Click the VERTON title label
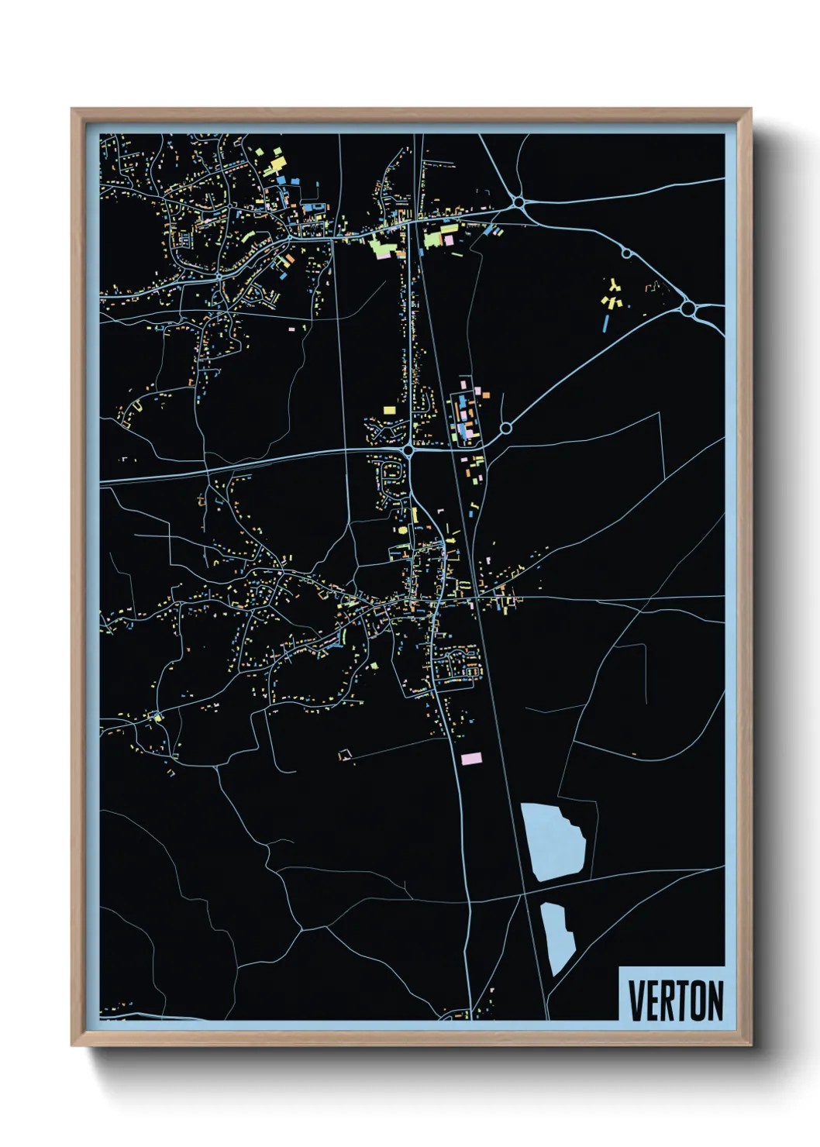(x=675, y=1001)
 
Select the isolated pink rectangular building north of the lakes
(x=471, y=758)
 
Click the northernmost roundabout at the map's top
(x=519, y=202)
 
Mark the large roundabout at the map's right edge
(x=687, y=309)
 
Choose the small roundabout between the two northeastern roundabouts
(x=625, y=253)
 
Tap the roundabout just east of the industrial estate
(x=505, y=429)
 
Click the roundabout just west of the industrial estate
(x=408, y=449)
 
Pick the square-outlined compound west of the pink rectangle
(x=345, y=754)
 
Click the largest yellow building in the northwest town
(x=277, y=164)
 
